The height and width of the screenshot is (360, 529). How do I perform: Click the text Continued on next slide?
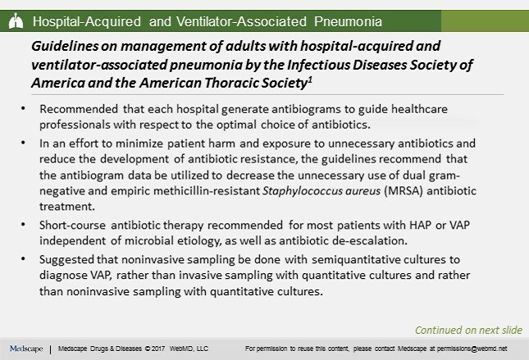[468, 330]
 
